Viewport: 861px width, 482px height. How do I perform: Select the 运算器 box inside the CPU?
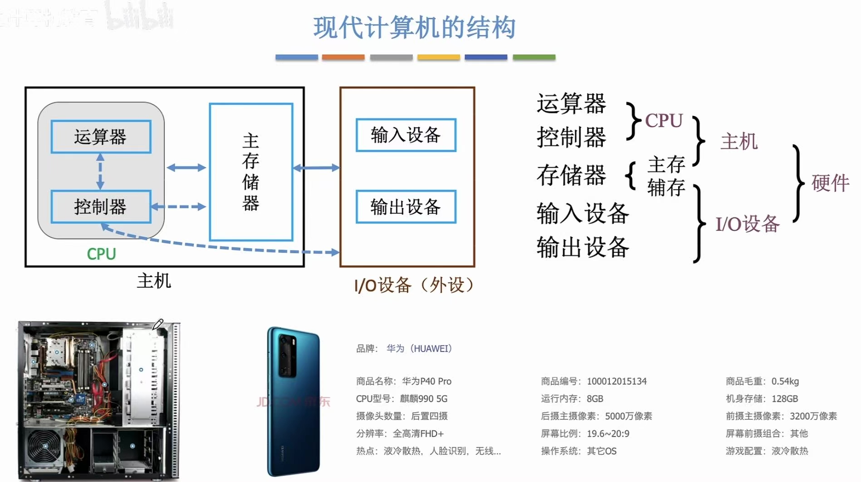click(x=101, y=136)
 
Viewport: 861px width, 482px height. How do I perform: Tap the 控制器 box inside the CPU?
click(x=101, y=207)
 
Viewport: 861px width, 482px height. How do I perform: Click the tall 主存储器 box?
click(x=251, y=172)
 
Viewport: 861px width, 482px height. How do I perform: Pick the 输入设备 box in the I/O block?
click(x=406, y=135)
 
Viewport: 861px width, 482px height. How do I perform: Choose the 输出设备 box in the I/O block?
click(x=406, y=207)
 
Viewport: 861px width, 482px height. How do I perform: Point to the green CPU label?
click(x=101, y=254)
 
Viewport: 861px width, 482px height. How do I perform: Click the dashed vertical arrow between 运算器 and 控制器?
click(x=100, y=172)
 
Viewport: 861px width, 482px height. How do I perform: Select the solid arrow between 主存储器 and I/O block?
click(x=316, y=168)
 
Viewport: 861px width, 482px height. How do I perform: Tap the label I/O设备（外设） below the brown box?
click(x=414, y=285)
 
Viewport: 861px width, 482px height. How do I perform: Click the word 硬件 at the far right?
click(x=830, y=183)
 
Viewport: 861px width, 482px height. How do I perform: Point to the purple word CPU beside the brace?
click(x=664, y=121)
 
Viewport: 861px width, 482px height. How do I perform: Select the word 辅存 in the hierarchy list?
click(x=666, y=188)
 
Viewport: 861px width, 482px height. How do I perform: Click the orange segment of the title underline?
click(x=343, y=58)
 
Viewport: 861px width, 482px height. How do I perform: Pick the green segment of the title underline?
click(x=534, y=58)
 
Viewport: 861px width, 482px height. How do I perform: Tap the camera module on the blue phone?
click(x=287, y=356)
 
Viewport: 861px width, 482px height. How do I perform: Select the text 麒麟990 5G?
click(x=424, y=399)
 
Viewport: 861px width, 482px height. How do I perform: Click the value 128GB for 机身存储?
click(x=785, y=399)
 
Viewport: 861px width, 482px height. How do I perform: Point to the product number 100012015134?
click(x=616, y=381)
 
